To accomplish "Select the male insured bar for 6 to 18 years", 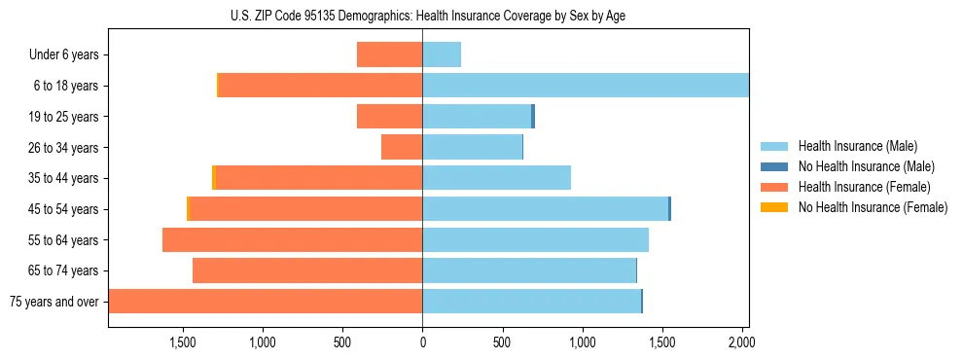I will click(x=585, y=86).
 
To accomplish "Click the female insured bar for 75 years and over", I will click(x=266, y=302).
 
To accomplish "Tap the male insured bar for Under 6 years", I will click(x=442, y=54).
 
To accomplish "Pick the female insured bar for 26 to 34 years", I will click(x=402, y=147).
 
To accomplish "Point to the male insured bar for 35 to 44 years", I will click(x=496, y=178).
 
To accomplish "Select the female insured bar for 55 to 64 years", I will click(x=292, y=240).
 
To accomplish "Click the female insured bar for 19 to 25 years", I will click(x=389, y=117).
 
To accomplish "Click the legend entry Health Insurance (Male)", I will click(x=857, y=146).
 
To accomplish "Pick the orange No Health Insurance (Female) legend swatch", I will click(x=774, y=207).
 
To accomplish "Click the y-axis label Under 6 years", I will click(x=64, y=55).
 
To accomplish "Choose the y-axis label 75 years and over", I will click(x=54, y=302).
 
